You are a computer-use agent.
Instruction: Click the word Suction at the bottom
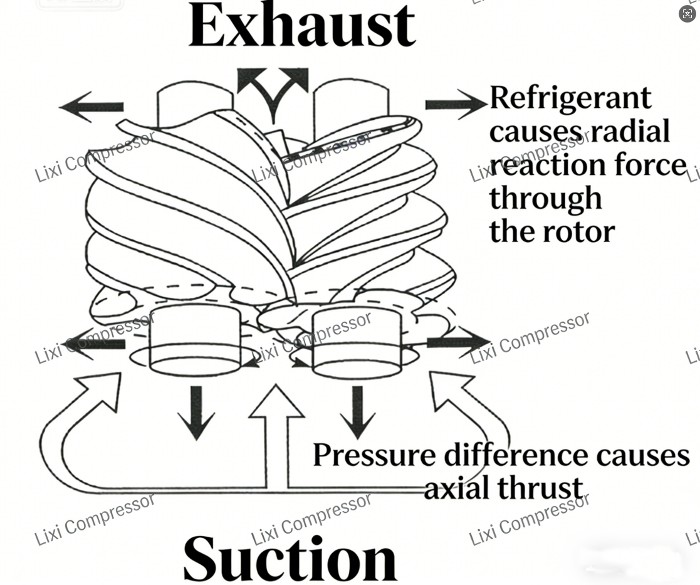coord(290,558)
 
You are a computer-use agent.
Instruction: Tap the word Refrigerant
coord(570,98)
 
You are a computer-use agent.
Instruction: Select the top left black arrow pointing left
coord(92,107)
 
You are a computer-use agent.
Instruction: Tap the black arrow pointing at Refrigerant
coord(455,103)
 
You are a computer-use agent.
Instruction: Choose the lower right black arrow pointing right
coord(457,342)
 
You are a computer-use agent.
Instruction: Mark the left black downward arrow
coord(197,412)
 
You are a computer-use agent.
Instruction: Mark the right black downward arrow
coord(358,412)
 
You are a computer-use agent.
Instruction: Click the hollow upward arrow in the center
coord(277,433)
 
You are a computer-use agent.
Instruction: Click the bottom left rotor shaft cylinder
coord(195,342)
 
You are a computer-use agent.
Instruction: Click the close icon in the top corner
coord(687,14)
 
